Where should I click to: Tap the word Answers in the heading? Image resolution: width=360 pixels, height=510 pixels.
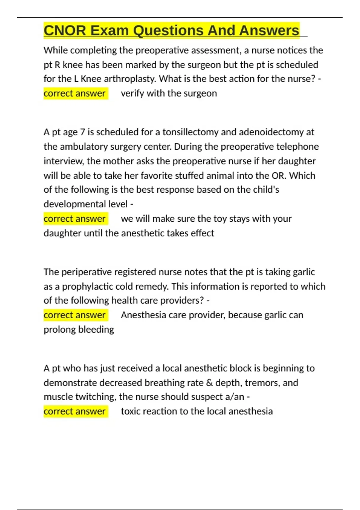tap(269, 31)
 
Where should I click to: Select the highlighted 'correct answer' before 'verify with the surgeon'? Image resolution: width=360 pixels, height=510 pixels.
tap(75, 93)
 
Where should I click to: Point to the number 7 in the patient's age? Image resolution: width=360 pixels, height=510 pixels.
tap(82, 132)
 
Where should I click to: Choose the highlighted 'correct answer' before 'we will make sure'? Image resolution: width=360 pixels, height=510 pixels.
tap(75, 219)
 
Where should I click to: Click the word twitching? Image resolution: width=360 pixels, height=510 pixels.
tap(95, 397)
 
